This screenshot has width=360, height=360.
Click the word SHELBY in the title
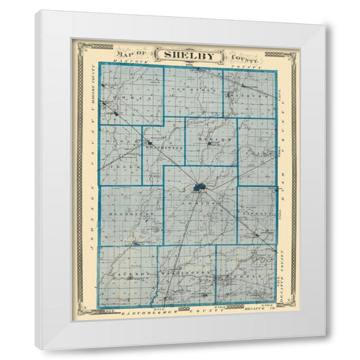[x=181, y=55]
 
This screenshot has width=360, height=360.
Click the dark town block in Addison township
[x=201, y=187]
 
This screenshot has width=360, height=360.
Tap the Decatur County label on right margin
[x=284, y=284]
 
